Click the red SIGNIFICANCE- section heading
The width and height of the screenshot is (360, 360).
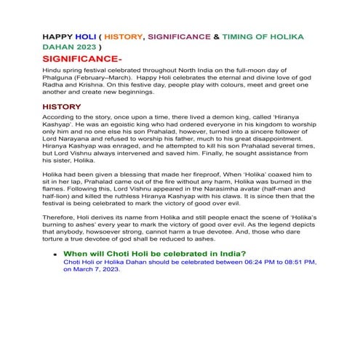coord(82,57)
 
